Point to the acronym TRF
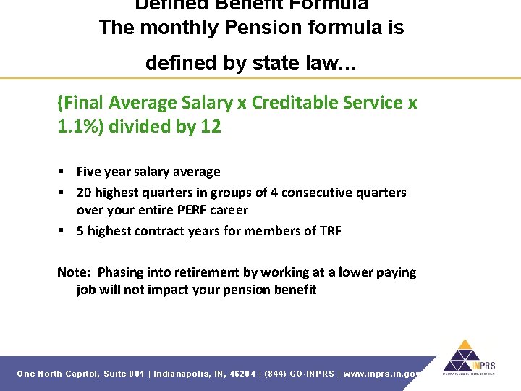tap(330, 231)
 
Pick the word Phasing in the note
tap(120, 272)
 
